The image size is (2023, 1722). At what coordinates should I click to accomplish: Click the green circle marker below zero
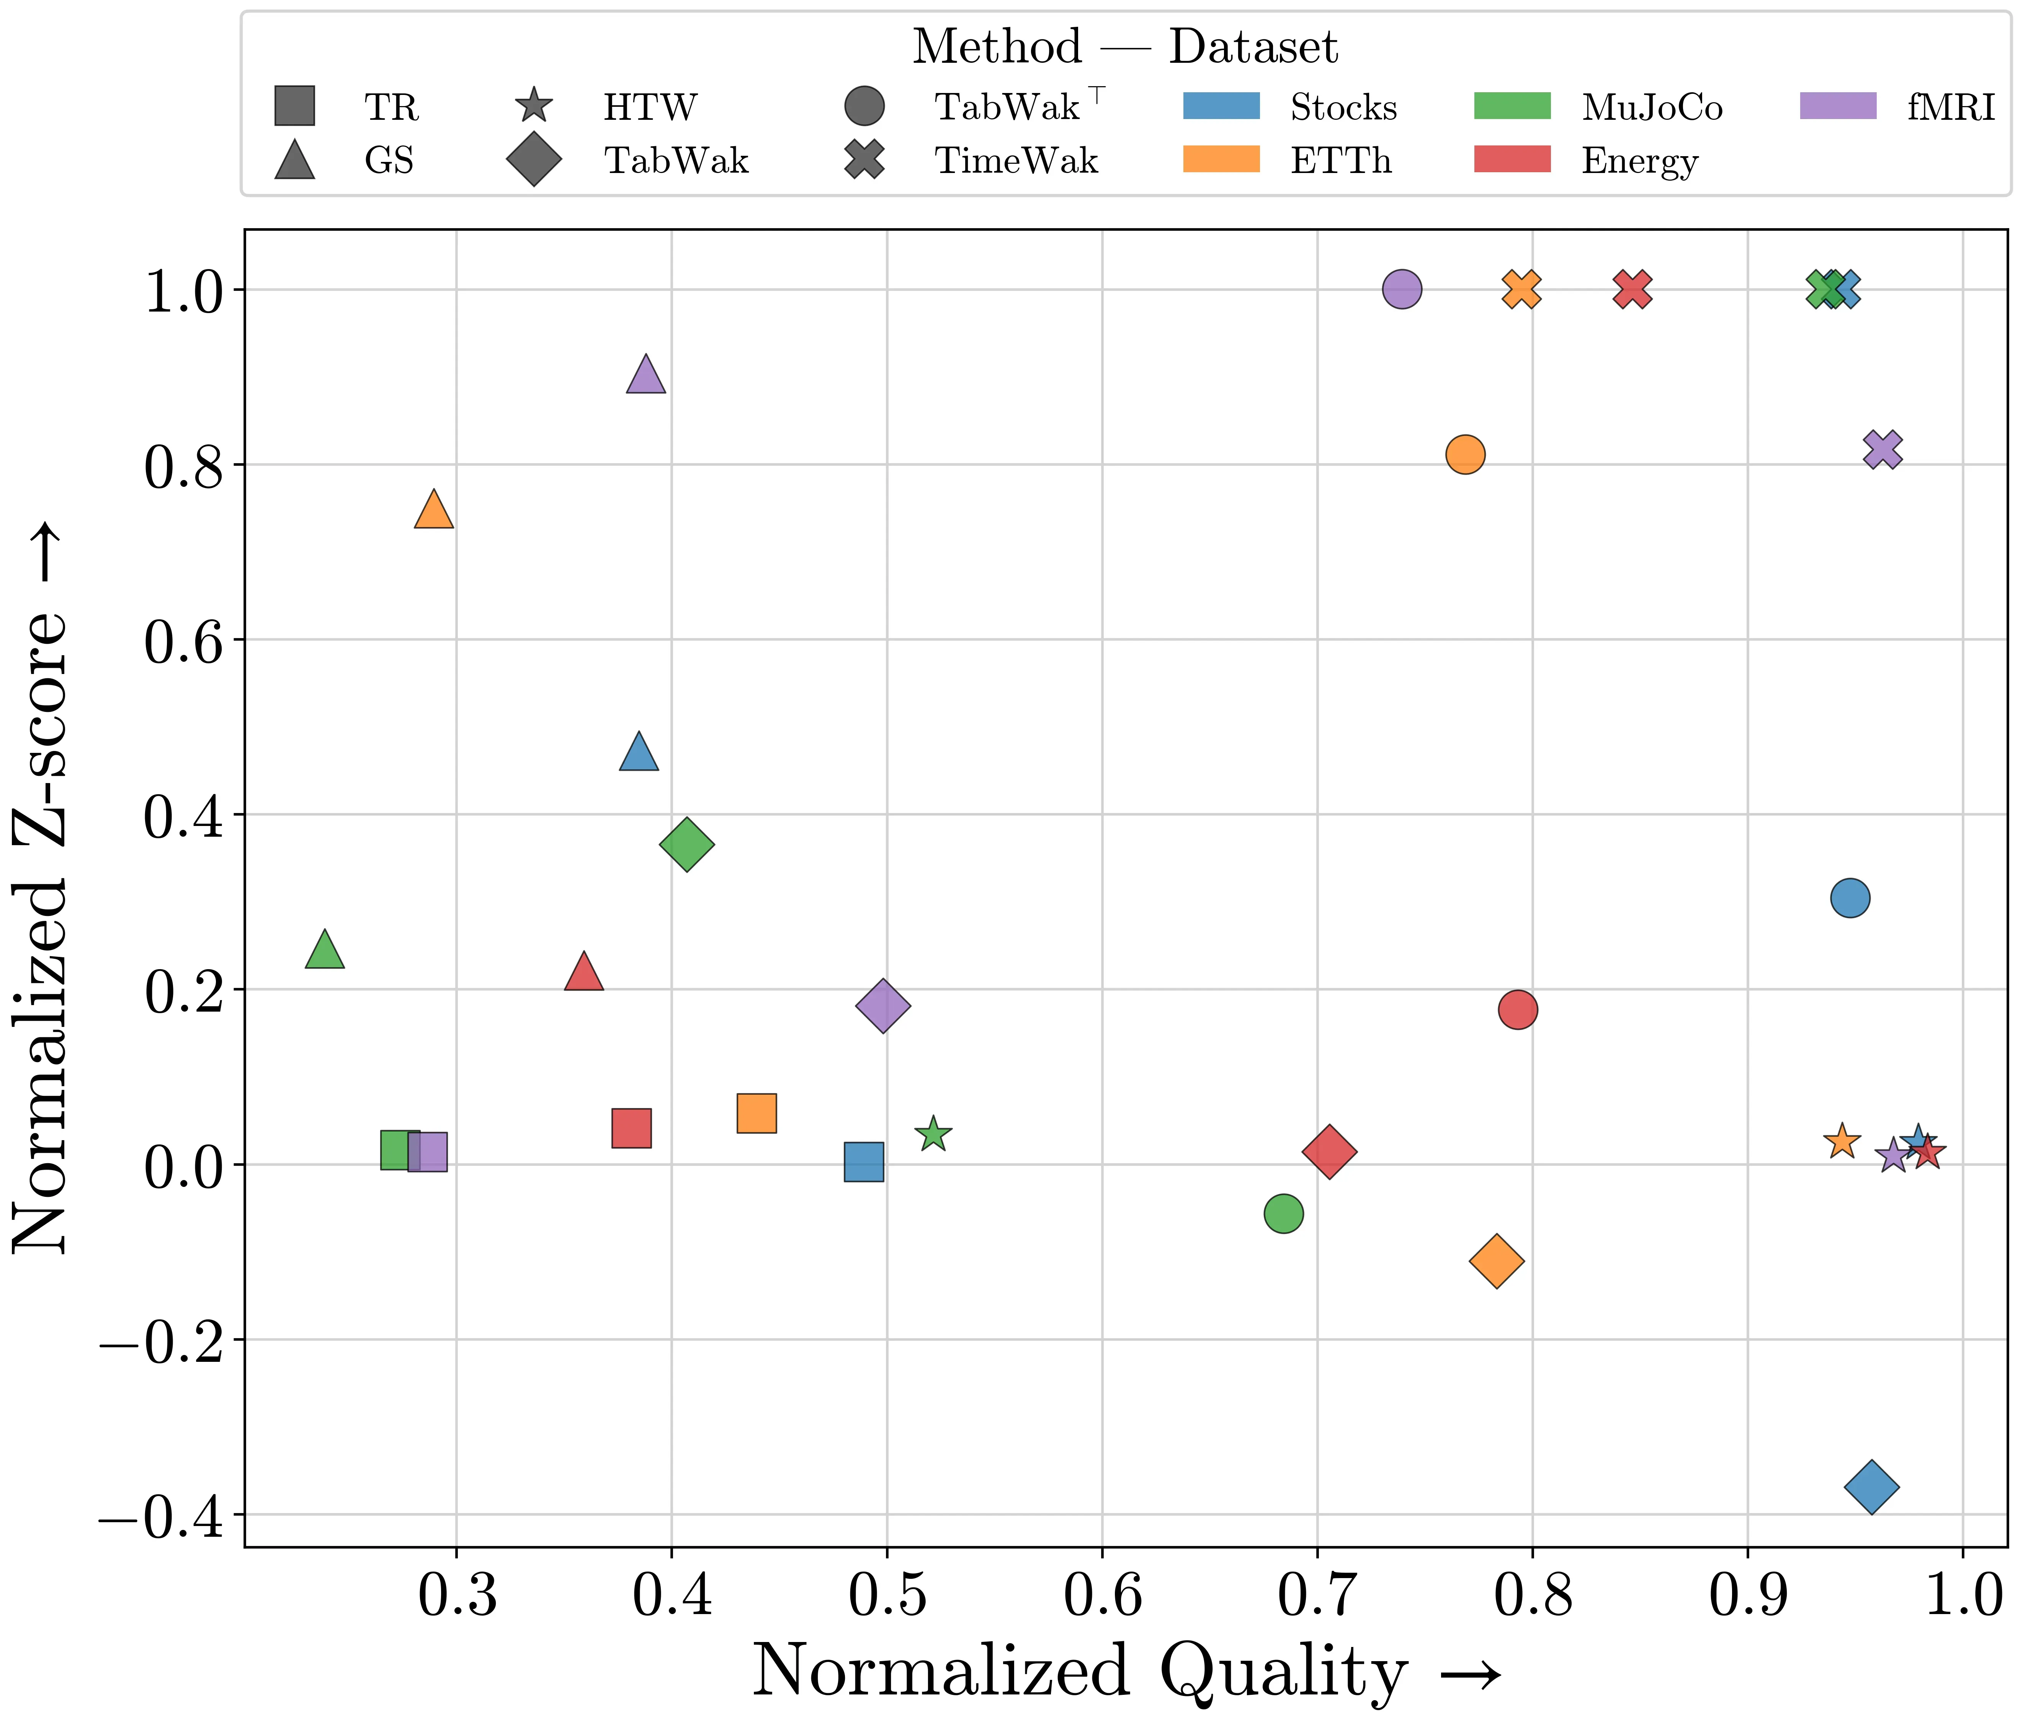coord(1283,1213)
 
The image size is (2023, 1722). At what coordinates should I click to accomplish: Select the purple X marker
coord(1882,449)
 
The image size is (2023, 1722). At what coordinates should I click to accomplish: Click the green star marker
coord(933,1134)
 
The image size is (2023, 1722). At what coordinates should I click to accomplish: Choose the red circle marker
coord(1517,1009)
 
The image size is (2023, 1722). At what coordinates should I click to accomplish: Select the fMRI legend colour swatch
coord(1837,105)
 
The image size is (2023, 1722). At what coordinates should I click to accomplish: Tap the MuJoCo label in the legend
coord(1652,108)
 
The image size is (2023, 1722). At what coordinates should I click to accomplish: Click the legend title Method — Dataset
coord(1125,47)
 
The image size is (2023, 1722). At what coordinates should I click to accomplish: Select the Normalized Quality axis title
coord(1125,1672)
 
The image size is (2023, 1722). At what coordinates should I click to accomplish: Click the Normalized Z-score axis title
coord(41,888)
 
